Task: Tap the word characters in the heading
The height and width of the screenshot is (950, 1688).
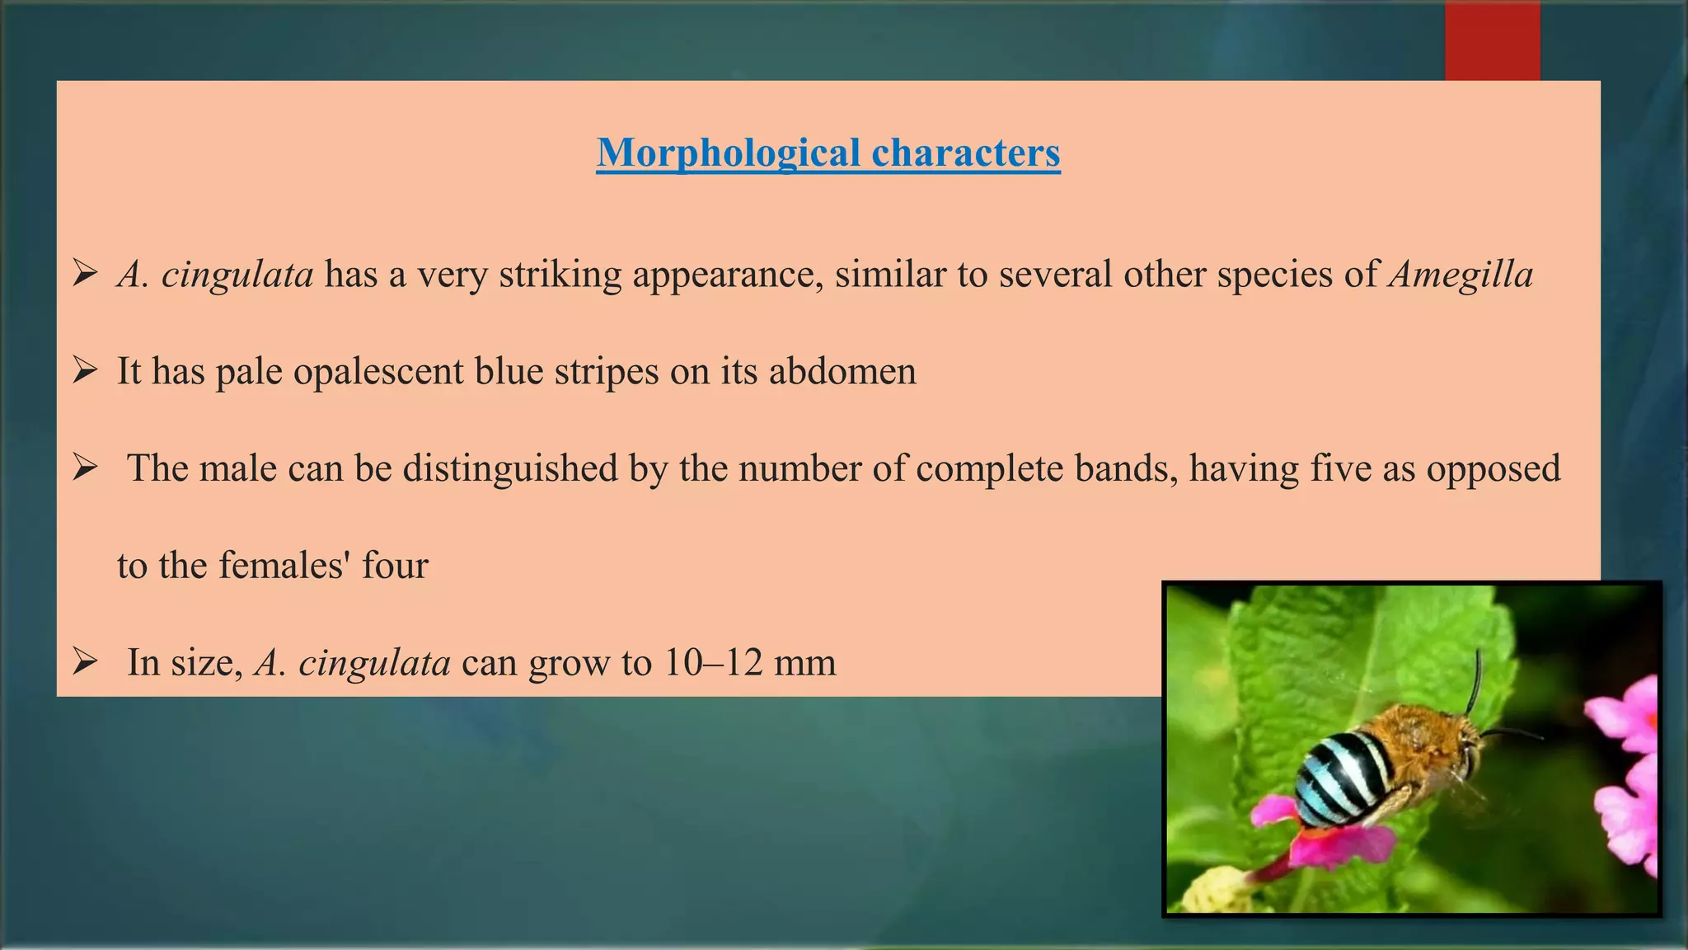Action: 965,153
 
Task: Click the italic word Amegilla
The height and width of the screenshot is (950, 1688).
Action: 1461,275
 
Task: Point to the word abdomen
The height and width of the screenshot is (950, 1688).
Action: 842,372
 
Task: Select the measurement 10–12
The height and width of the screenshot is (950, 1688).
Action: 715,663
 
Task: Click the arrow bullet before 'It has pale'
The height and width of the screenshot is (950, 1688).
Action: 85,370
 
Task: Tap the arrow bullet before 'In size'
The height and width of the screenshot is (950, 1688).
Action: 85,661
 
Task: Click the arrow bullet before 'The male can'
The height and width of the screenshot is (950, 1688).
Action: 85,468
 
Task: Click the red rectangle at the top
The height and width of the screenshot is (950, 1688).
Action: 1492,41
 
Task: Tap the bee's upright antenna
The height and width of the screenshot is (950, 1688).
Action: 1475,680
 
